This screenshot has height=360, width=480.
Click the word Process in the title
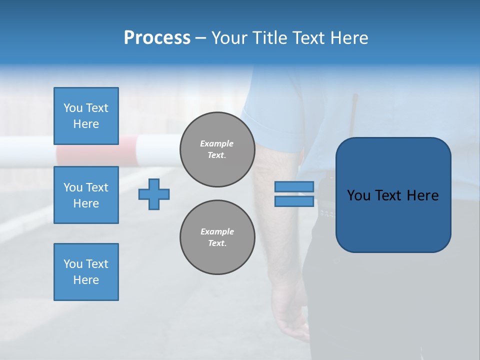pos(157,38)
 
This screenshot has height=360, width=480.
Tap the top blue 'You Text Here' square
pos(86,116)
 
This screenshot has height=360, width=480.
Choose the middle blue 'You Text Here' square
pos(86,195)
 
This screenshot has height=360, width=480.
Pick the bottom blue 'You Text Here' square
pos(86,272)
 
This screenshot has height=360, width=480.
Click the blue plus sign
pos(154,194)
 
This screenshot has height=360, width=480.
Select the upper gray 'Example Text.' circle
pos(217,149)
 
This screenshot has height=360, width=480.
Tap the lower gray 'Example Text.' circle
pos(217,237)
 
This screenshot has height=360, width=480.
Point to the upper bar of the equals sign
pos(294,186)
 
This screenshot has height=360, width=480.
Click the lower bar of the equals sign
pos(294,201)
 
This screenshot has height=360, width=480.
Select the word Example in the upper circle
pos(217,143)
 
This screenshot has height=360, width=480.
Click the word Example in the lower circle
pos(217,231)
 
